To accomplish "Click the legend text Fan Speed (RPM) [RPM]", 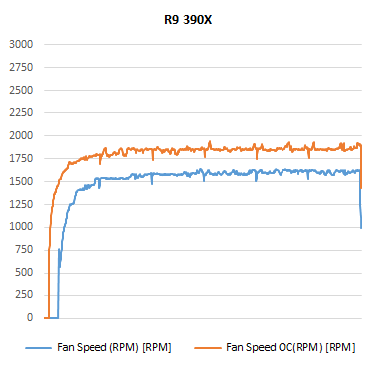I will click(124, 347).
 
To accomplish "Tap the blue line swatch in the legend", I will click(45, 347).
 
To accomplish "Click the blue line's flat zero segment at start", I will click(52, 318).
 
